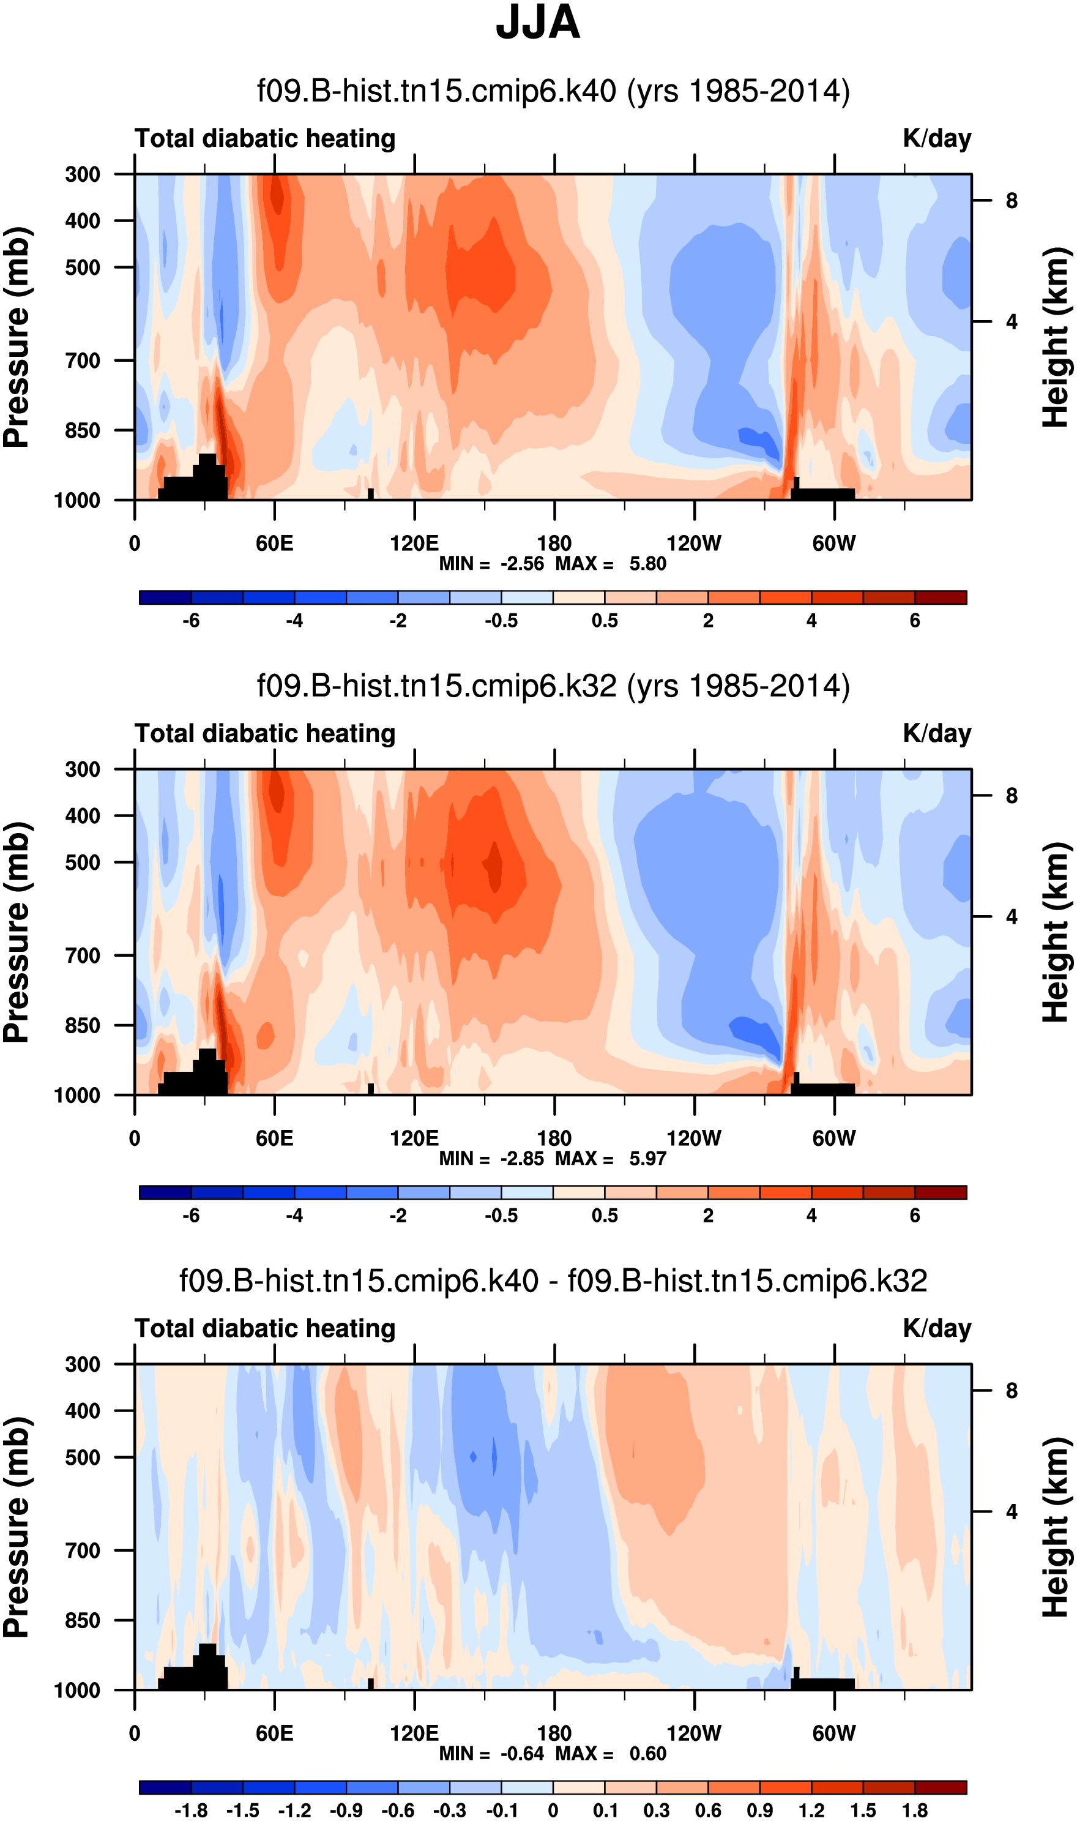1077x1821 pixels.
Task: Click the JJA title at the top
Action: pos(538,23)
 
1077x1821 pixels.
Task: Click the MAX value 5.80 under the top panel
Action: pos(647,564)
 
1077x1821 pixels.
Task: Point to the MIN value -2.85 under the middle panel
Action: pos(522,1159)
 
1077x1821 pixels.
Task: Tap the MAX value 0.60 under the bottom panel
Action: pos(647,1754)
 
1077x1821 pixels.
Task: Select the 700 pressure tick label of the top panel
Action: pos(83,360)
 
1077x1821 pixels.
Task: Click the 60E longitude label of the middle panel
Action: pos(274,1138)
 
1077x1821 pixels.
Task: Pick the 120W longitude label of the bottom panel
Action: pos(694,1733)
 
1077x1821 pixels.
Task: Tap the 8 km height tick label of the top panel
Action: pos(1012,200)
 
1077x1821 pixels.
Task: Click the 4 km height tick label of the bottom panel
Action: pos(1012,1512)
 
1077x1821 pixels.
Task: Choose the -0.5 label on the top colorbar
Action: pos(502,621)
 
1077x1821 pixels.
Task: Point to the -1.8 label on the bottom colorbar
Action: pos(191,1811)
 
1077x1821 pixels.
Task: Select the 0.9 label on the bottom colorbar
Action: pos(760,1811)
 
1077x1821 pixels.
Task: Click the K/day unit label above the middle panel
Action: pos(936,733)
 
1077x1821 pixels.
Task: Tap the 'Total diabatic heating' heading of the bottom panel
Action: pos(265,1328)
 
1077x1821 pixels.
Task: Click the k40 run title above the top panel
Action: pos(553,91)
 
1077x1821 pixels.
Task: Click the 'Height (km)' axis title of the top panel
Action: pos(1056,337)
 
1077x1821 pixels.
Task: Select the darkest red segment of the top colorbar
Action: pos(941,597)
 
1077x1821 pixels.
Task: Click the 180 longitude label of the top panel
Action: pos(554,543)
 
